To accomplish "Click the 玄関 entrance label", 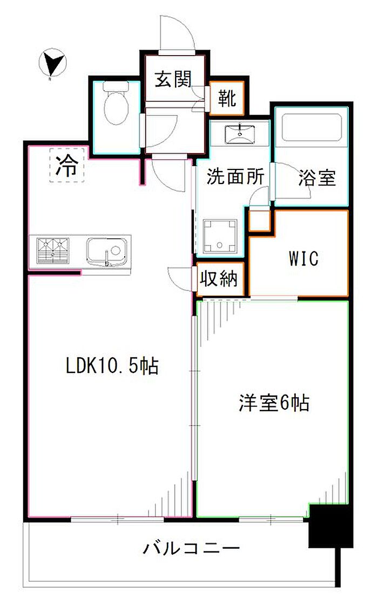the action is tap(173, 79).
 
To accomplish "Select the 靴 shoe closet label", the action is tap(227, 98).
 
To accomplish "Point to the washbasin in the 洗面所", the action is tap(240, 133).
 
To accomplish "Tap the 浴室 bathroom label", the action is tap(317, 178).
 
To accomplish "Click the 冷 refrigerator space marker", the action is tap(67, 165).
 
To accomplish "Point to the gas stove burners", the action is tap(53, 250).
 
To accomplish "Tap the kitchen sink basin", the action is tap(107, 251).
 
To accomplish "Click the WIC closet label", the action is tap(303, 259).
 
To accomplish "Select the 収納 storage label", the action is tap(219, 279).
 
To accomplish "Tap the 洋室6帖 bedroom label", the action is tap(274, 403).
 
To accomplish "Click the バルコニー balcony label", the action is tap(192, 549).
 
